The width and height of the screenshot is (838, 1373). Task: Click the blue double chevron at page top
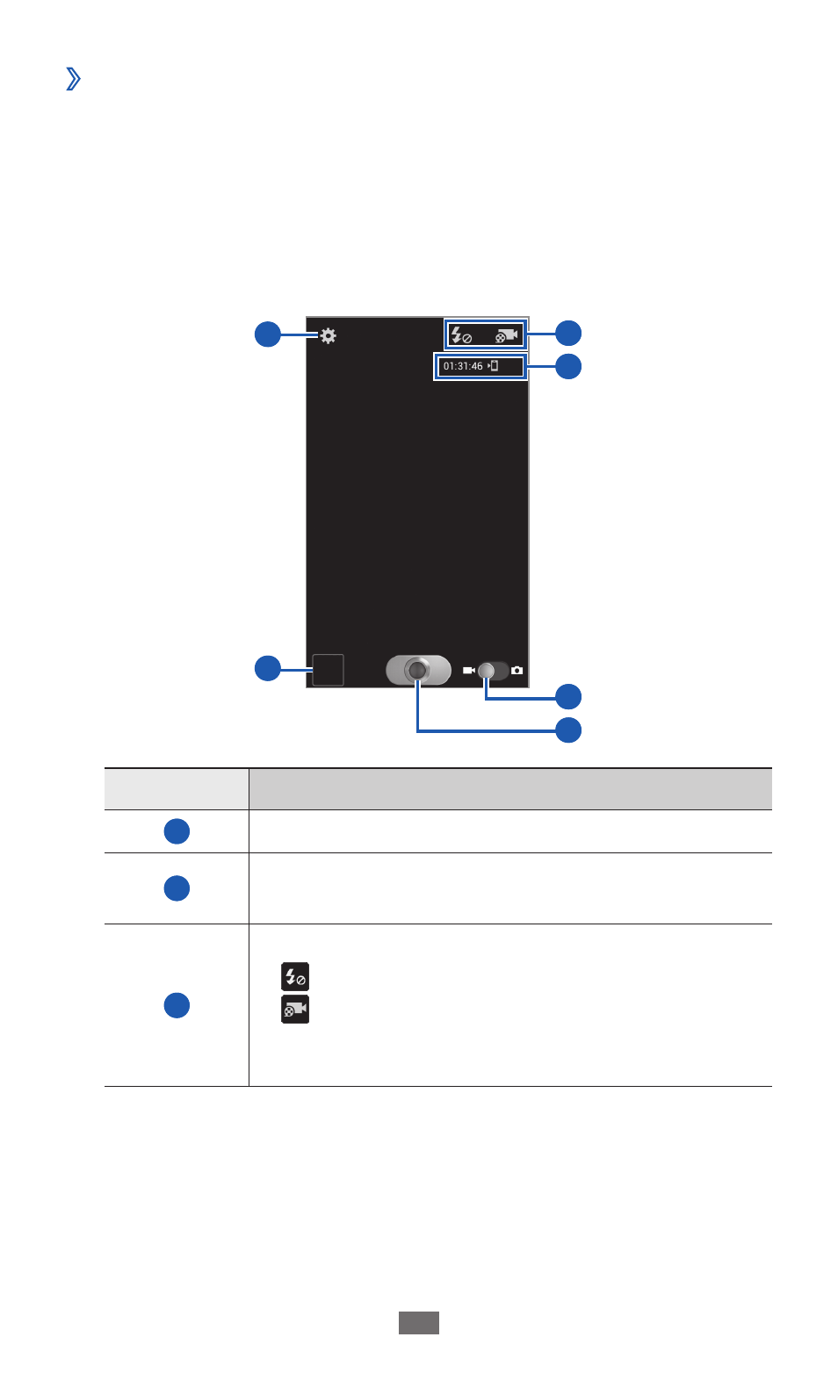pyautogui.click(x=74, y=79)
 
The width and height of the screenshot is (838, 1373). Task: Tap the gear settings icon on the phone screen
pyautogui.click(x=329, y=336)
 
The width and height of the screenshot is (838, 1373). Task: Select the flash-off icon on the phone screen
pyautogui.click(x=460, y=334)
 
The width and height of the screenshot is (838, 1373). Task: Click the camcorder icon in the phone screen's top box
pyautogui.click(x=507, y=335)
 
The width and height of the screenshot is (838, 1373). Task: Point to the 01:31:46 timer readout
pyautogui.click(x=463, y=366)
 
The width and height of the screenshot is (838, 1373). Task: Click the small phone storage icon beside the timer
pyautogui.click(x=493, y=366)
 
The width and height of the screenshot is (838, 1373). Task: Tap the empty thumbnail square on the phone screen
pyautogui.click(x=329, y=670)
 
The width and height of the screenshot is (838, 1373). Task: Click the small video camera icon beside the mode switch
pyautogui.click(x=469, y=671)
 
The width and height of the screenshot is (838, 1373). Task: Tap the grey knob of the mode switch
pyautogui.click(x=486, y=671)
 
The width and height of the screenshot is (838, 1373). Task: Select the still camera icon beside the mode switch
pyautogui.click(x=517, y=671)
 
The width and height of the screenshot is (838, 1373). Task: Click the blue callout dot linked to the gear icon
pyautogui.click(x=267, y=334)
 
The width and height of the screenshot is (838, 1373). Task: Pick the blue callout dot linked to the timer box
pyautogui.click(x=568, y=367)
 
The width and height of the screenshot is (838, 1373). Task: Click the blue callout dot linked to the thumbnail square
pyautogui.click(x=267, y=668)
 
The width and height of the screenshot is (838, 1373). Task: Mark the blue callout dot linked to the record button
pyautogui.click(x=568, y=730)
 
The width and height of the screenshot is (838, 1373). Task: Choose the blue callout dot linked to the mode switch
pyautogui.click(x=568, y=696)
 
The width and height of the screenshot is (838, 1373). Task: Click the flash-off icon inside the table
pyautogui.click(x=295, y=976)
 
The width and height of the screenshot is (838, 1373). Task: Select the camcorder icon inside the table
pyautogui.click(x=295, y=1010)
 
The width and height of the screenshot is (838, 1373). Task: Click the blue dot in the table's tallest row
pyautogui.click(x=177, y=1005)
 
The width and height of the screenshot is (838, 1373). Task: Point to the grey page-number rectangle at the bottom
pyautogui.click(x=419, y=1323)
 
